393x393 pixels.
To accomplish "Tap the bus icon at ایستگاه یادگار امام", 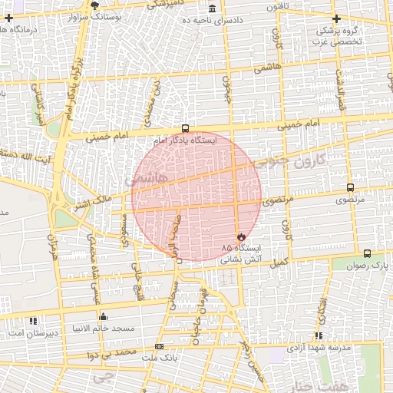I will pyautogui.click(x=184, y=129).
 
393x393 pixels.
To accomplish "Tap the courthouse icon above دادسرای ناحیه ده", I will pyautogui.click(x=212, y=8).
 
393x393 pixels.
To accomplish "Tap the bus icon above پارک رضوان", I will pyautogui.click(x=367, y=254).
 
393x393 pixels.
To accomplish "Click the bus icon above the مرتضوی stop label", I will pyautogui.click(x=351, y=187).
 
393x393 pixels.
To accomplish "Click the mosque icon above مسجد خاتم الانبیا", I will pyautogui.click(x=104, y=316).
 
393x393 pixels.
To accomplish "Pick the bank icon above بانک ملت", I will pyautogui.click(x=159, y=347).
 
